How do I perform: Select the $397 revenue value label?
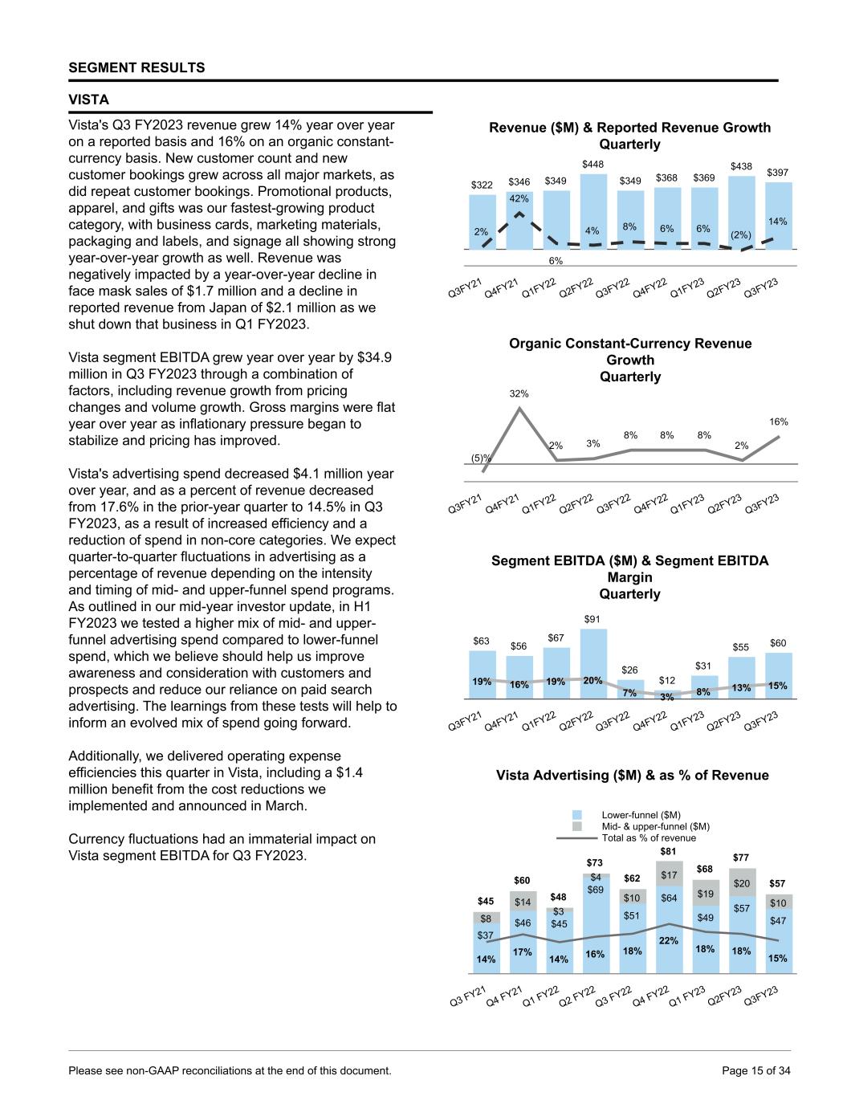(x=777, y=173)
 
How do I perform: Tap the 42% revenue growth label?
(x=519, y=198)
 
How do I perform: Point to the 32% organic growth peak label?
(x=519, y=393)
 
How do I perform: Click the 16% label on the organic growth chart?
(x=778, y=422)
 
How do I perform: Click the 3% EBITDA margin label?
(x=667, y=697)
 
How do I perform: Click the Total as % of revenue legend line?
(x=576, y=837)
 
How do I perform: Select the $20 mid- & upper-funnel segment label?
(x=742, y=883)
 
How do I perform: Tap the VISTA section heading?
(x=89, y=100)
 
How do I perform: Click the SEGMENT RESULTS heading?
(x=136, y=67)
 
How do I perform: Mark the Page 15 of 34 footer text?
(x=756, y=1070)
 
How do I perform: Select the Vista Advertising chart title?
(x=632, y=775)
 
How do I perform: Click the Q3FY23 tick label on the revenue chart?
(x=762, y=287)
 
